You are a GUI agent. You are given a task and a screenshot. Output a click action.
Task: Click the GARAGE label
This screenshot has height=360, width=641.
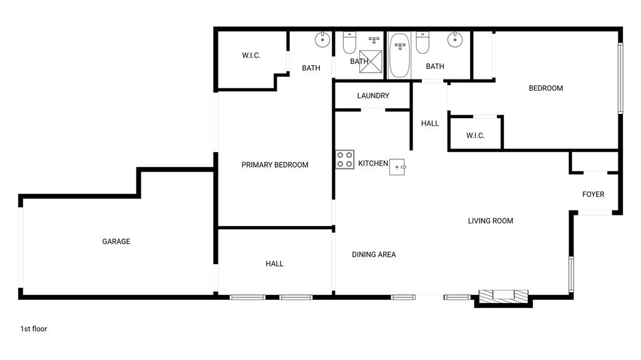[116, 242]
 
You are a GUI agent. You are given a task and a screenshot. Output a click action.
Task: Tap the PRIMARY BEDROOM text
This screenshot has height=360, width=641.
[275, 165]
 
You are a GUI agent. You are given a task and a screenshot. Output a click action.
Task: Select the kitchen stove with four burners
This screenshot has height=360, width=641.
[345, 159]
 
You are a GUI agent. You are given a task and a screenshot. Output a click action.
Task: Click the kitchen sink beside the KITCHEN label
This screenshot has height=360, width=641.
[398, 166]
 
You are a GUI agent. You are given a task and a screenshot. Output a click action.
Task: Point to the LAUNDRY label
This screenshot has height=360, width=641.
[373, 96]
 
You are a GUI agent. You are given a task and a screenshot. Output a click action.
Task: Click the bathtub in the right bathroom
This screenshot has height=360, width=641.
[399, 56]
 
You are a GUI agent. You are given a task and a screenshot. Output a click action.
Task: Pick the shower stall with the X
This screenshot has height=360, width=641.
[371, 61]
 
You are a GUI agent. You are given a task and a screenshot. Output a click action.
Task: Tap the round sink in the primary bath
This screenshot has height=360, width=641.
[322, 39]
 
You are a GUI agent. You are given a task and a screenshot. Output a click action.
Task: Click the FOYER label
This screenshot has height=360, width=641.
[593, 195]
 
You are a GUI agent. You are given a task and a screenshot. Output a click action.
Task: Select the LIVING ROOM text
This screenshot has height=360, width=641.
[490, 221]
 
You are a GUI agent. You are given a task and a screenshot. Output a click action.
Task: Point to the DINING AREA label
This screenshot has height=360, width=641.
[374, 255]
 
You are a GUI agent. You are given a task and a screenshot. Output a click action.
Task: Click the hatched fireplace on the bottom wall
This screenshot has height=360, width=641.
[503, 296]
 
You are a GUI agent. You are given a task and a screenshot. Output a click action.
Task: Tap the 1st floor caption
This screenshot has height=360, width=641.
[34, 329]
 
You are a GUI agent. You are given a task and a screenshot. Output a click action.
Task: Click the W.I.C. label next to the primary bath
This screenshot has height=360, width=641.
[251, 56]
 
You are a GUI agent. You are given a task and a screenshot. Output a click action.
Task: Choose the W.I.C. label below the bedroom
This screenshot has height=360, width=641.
[475, 136]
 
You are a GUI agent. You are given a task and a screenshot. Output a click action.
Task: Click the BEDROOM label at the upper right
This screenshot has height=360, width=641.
[546, 88]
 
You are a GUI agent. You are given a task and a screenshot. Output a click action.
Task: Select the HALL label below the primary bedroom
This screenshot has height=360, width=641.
[274, 264]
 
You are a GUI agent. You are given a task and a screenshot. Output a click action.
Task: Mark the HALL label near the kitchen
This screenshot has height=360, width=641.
[430, 124]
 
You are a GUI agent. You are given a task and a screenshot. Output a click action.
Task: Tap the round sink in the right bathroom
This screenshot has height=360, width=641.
[455, 39]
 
